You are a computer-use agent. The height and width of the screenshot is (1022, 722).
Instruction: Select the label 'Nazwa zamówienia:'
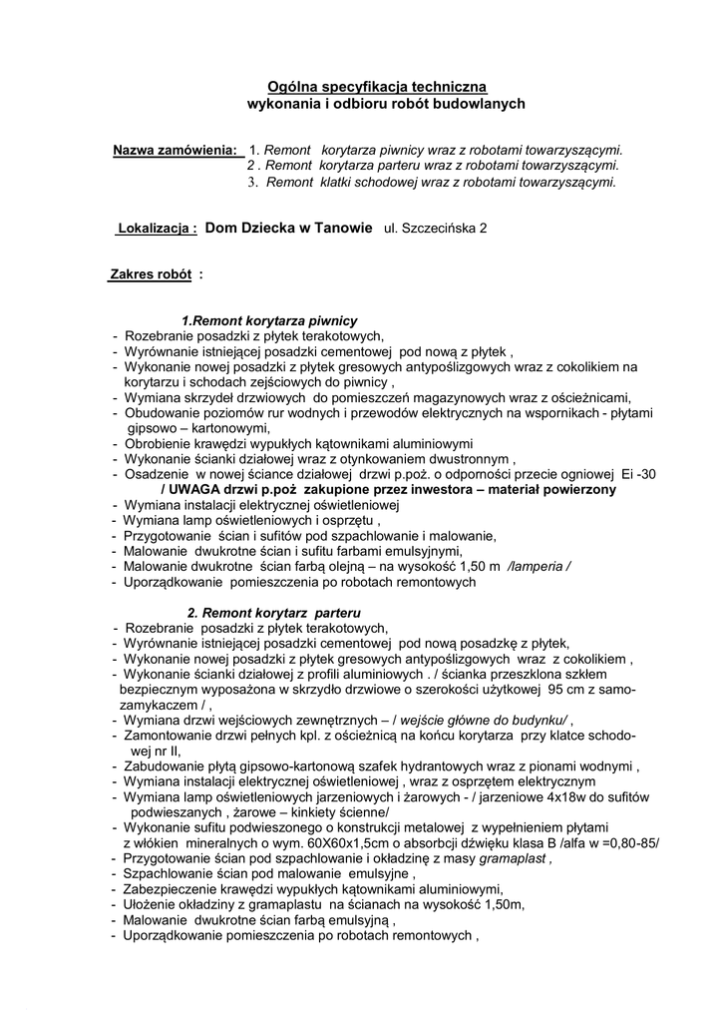176,150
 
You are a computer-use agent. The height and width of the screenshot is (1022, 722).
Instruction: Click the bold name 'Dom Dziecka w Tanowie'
289,228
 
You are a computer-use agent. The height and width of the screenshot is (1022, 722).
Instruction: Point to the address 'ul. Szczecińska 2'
436,229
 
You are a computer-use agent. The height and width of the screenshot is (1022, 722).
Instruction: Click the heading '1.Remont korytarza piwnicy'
269,321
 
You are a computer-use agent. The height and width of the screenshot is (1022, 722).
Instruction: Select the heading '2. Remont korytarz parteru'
274,612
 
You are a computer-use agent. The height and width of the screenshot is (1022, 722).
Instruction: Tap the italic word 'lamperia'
539,566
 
